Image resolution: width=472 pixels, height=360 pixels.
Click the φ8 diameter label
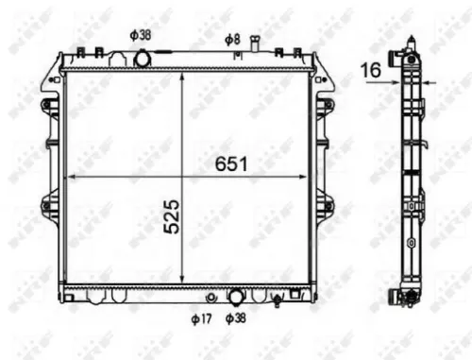click(x=232, y=39)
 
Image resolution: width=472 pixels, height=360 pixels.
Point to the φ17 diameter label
click(x=200, y=318)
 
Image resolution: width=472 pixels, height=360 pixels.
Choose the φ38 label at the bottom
click(x=236, y=318)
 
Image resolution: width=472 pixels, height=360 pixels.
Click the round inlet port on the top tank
click(x=143, y=59)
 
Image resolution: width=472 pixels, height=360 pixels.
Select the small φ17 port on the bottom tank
click(x=210, y=296)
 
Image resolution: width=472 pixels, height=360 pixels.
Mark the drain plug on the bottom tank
click(x=277, y=301)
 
